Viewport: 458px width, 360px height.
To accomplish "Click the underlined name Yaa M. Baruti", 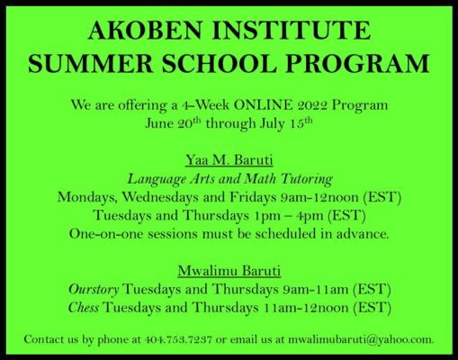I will [x=229, y=161].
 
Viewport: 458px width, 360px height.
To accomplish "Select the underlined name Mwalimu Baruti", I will [x=229, y=270].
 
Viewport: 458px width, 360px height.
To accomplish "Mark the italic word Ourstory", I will [x=94, y=288].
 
